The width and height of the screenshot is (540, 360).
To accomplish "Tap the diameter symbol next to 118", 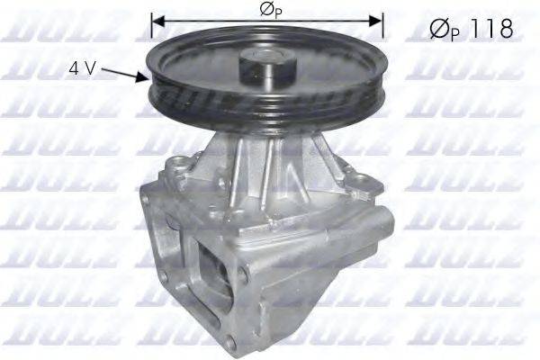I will click(436, 30).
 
